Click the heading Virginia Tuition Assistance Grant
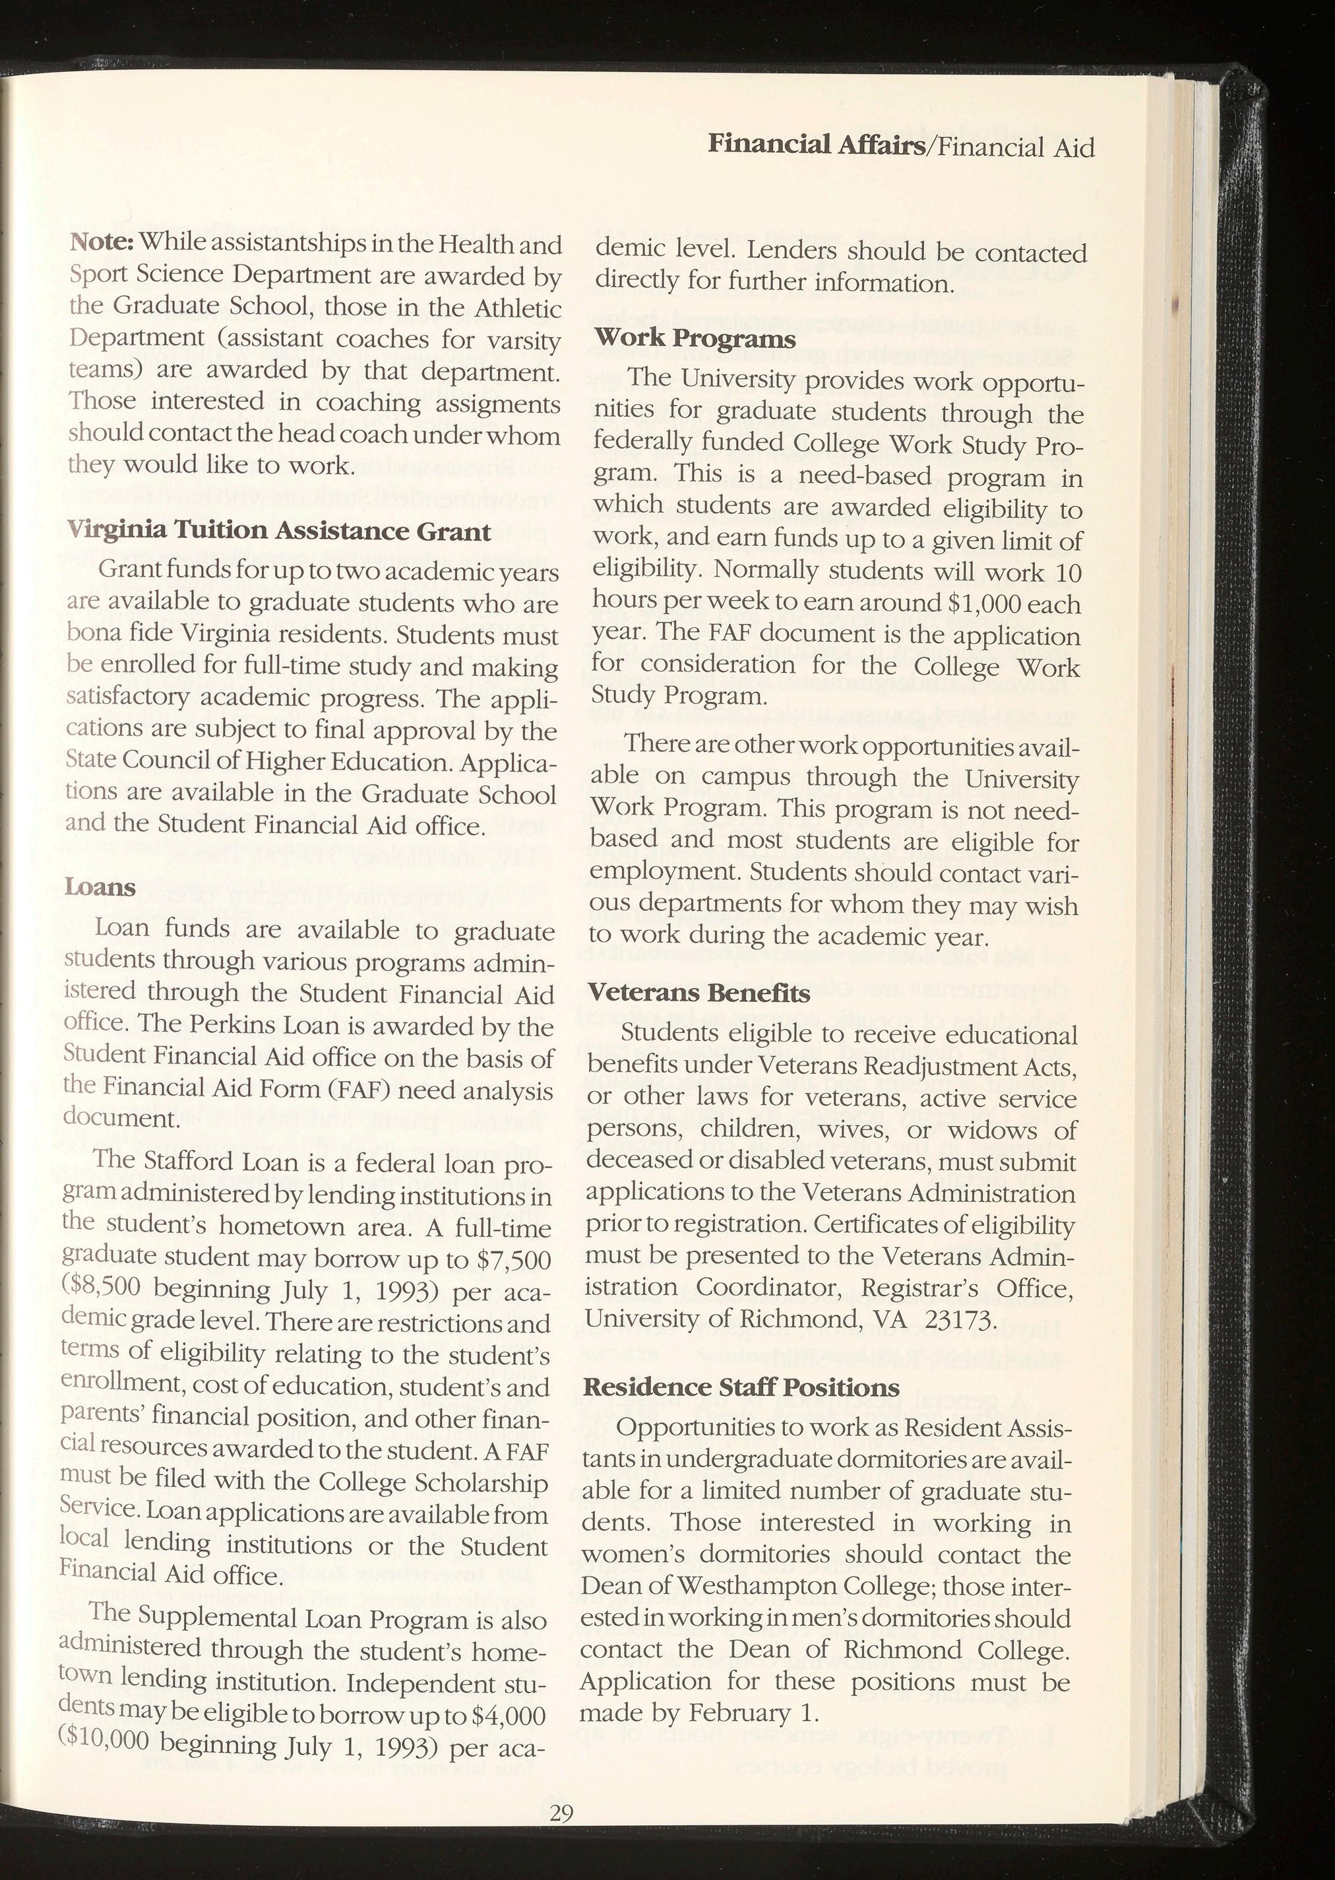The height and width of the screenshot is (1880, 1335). click(x=278, y=531)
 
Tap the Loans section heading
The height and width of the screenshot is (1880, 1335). click(x=100, y=887)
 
